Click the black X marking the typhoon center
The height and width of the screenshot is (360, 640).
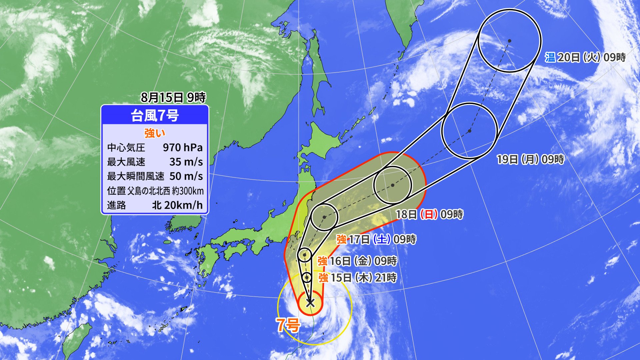coord(310,303)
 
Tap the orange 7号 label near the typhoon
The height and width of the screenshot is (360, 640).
coord(288,325)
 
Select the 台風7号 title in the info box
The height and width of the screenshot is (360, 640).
coord(155,116)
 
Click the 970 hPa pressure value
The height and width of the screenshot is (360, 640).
coord(183,147)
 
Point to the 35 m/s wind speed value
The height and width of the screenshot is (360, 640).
coord(186,162)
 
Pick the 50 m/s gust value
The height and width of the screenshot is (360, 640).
coord(186,176)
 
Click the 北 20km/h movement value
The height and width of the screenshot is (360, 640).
coord(177,205)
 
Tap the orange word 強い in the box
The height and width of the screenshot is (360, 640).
coord(155,133)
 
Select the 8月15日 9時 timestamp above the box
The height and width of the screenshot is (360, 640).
coord(173,97)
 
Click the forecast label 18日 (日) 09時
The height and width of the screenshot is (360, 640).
coord(429,214)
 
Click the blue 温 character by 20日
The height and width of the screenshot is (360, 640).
coord(550,57)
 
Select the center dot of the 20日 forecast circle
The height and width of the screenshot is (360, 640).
coord(510,41)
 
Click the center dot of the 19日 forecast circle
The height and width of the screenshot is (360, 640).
coord(470,131)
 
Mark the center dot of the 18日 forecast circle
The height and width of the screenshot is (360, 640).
coord(393,185)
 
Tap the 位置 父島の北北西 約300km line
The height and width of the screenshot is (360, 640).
coord(155,191)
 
